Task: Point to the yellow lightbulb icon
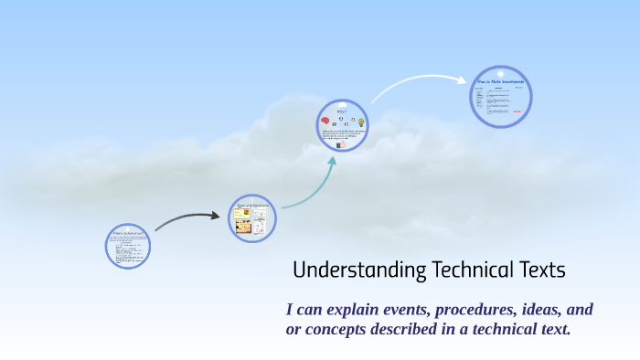coord(361,122)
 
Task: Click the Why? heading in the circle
coord(342,112)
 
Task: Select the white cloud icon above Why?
coord(342,103)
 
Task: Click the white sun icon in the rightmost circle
coord(501,72)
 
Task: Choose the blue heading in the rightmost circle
coord(501,83)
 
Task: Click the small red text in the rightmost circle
coord(517,112)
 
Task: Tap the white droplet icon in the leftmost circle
coord(129,228)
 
